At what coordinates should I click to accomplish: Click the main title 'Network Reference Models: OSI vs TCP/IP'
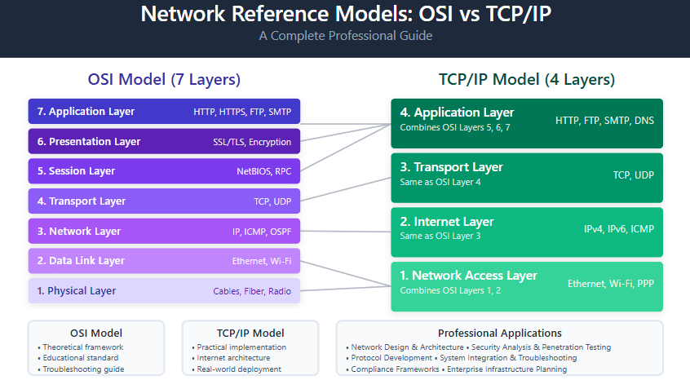[x=345, y=15]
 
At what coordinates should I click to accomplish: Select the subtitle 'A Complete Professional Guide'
[x=345, y=36]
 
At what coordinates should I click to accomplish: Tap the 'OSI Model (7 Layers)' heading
[x=164, y=80]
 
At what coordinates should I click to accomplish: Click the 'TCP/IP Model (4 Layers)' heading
[x=527, y=80]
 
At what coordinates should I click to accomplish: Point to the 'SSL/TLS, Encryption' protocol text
[x=259, y=142]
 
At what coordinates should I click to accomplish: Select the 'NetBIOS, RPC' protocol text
[x=263, y=172]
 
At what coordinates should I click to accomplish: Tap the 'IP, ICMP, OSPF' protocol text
[x=261, y=232]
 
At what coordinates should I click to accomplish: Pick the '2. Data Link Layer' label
[x=81, y=261]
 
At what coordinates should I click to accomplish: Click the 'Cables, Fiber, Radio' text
[x=252, y=291]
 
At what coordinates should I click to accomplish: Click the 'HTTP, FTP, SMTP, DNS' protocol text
[x=604, y=121]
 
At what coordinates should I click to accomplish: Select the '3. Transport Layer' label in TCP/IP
[x=451, y=167]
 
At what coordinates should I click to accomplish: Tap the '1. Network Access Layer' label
[x=468, y=276]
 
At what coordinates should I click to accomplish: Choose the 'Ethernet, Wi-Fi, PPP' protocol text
[x=610, y=284]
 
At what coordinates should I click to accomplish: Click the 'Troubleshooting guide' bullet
[x=83, y=369]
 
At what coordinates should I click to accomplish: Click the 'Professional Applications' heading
[x=499, y=333]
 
